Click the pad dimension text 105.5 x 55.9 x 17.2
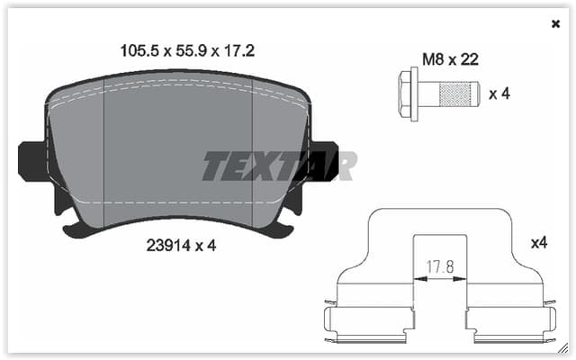tap(187, 51)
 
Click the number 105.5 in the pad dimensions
tap(139, 51)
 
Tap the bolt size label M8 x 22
tap(450, 59)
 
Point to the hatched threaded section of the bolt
tap(455, 94)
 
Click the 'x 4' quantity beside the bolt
tap(499, 94)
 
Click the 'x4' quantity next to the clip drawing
tap(539, 243)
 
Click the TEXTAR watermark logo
tap(279, 166)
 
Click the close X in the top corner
tap(555, 24)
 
